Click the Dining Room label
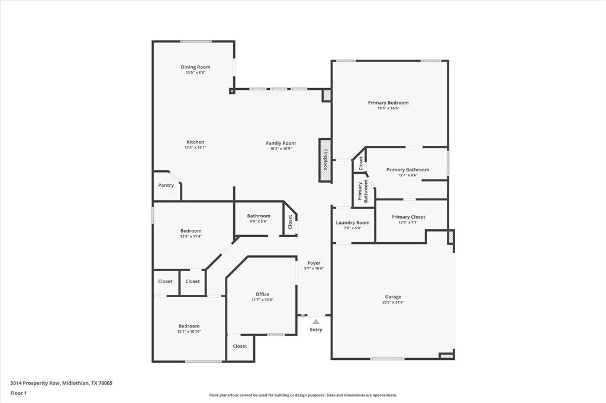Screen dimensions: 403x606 (195, 67)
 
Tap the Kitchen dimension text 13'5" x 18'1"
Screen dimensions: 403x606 (195, 148)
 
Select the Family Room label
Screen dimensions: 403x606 (281, 143)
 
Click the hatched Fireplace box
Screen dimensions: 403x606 (325, 160)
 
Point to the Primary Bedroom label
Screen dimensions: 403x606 (388, 103)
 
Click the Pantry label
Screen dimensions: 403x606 (166, 186)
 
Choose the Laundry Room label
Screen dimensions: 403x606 (353, 223)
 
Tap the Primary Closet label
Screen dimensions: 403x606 (408, 217)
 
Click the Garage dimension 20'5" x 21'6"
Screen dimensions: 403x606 (393, 303)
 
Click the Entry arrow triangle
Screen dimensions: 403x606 (316, 321)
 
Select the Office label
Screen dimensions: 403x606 (262, 294)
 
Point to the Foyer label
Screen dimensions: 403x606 (314, 263)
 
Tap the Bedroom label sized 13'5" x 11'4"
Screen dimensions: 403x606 (191, 231)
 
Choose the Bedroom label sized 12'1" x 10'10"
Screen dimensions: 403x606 (189, 326)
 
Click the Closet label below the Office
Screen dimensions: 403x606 (240, 346)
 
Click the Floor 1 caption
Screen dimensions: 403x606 (19, 393)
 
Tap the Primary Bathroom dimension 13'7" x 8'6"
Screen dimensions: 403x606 (408, 175)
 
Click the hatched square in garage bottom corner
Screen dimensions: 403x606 (447, 356)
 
